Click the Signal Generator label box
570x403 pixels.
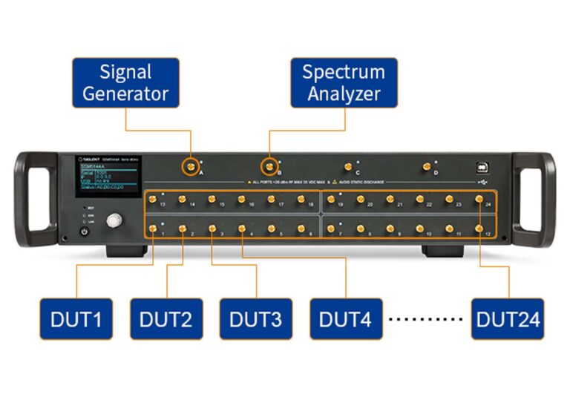[x=125, y=82]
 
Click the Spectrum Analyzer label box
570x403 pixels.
[x=343, y=82]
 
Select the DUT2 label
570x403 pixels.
[x=166, y=319]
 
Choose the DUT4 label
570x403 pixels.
[x=346, y=319]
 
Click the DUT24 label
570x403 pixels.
[x=508, y=319]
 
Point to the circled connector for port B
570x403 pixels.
[x=269, y=166]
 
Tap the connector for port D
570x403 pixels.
[x=426, y=167]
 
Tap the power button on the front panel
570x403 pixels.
[x=84, y=232]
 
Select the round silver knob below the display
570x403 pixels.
[x=114, y=220]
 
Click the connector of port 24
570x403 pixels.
[x=479, y=199]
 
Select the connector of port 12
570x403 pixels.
[x=479, y=229]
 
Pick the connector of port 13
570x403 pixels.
[x=153, y=199]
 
